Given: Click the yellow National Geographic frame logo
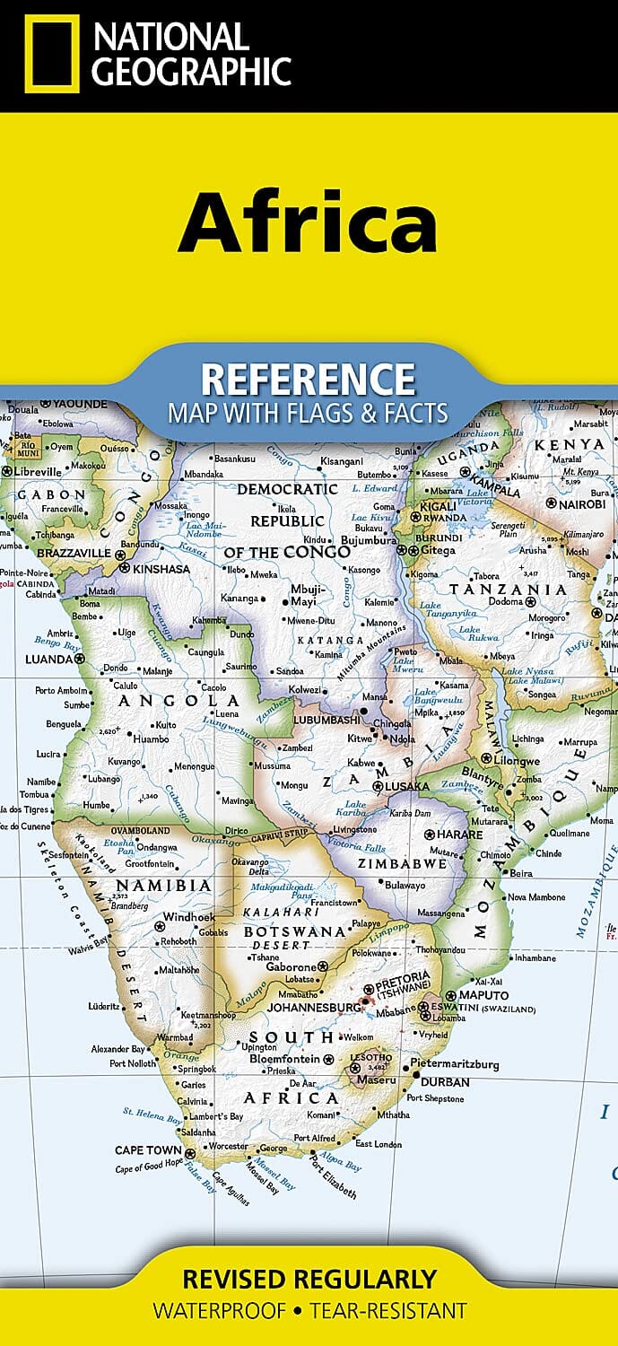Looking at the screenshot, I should pyautogui.click(x=51, y=53).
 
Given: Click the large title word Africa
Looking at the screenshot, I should pyautogui.click(x=308, y=221).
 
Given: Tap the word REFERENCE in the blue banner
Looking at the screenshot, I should pyautogui.click(x=308, y=380).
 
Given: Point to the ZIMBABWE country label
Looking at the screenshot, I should pyautogui.click(x=402, y=863).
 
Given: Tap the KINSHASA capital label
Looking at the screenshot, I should pyautogui.click(x=161, y=568).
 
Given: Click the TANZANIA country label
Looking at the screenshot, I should pyautogui.click(x=508, y=590).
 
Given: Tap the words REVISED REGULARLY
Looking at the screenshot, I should pyautogui.click(x=309, y=1279).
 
